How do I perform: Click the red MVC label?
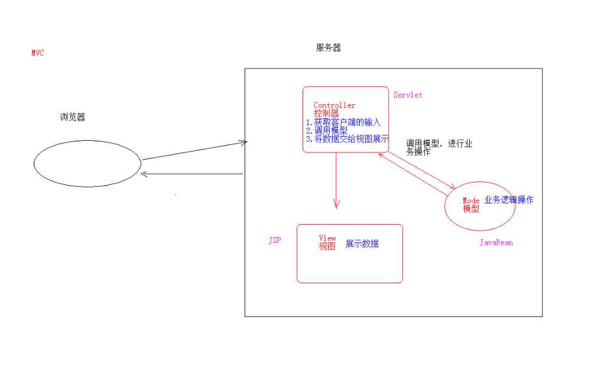[x=38, y=53]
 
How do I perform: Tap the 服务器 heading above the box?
[x=329, y=48]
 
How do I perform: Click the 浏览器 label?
[x=73, y=117]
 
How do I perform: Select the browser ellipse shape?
[x=87, y=164]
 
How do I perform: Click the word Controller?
[x=334, y=105]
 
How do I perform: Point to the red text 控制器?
[x=326, y=113]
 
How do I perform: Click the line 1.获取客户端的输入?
[x=343, y=122]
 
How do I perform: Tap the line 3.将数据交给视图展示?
[x=347, y=139]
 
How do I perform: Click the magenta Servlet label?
[x=408, y=95]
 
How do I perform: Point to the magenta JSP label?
[x=275, y=241]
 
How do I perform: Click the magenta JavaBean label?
[x=496, y=242]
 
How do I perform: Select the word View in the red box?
[x=327, y=238]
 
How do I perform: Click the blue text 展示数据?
[x=362, y=244]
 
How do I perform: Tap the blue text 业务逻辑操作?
[x=509, y=200]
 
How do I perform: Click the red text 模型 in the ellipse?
[x=471, y=209]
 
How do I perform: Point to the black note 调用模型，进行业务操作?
[x=438, y=147]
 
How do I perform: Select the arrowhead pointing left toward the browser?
[x=144, y=174]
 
